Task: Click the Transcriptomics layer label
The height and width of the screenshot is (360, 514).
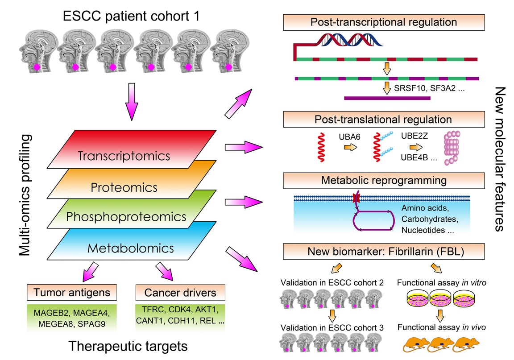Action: point(124,156)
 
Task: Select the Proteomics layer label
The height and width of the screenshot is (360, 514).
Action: point(124,187)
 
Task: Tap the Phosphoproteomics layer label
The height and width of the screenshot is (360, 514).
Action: point(126,217)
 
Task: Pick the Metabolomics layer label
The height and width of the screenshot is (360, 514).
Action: point(124,248)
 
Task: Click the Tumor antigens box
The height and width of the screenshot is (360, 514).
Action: point(71,293)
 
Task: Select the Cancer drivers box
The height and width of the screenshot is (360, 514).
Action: point(180,293)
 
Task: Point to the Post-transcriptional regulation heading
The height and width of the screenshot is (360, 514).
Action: point(383,21)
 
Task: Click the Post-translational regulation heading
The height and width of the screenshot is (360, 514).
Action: point(383,119)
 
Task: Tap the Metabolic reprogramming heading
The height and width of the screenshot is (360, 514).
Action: point(383,181)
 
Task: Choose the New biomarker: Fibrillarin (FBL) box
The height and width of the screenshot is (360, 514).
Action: point(383,251)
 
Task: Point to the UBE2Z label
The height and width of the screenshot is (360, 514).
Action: point(415,136)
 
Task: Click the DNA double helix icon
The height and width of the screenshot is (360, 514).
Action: point(350,40)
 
